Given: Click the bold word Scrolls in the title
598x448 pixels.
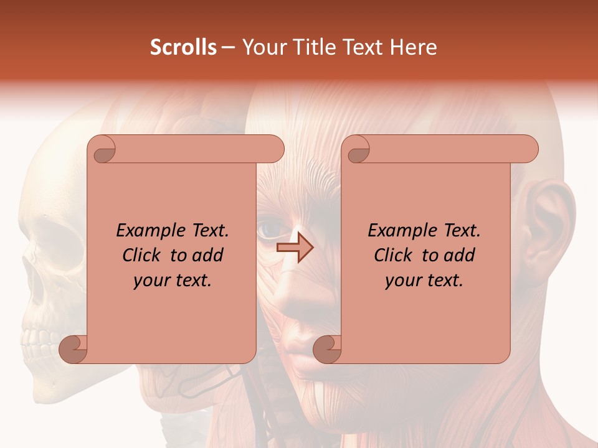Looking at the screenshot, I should click(x=184, y=47).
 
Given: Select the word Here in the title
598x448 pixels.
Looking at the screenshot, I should click(x=415, y=47).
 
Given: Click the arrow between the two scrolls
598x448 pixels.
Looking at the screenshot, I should click(x=295, y=248).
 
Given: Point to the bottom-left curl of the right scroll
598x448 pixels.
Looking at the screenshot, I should click(x=327, y=349).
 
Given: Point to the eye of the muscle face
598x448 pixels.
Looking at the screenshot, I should click(x=269, y=231).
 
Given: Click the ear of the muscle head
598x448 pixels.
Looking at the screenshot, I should click(x=547, y=224).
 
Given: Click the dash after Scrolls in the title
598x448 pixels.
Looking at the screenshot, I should click(x=229, y=48).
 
